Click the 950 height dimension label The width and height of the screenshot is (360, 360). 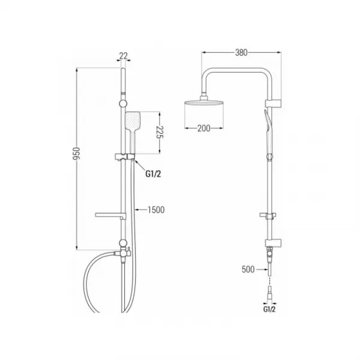point(77,154)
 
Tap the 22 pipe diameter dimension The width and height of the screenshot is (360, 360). point(123,56)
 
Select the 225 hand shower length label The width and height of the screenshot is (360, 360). point(160,132)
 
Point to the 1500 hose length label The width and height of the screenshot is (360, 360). point(156,210)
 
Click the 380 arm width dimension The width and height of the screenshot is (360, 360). point(241,53)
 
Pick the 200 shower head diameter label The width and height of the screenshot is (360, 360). point(204,128)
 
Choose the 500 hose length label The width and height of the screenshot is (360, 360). point(248,269)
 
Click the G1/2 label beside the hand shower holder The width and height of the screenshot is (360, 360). point(153,174)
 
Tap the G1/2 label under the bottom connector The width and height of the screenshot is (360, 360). point(269,309)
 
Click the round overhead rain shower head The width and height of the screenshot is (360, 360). point(204,103)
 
